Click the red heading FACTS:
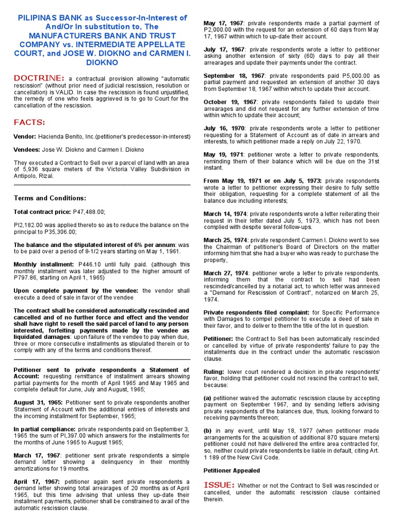point(29,122)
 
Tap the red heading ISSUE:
point(220,485)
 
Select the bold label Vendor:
point(25,137)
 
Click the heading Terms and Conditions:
point(49,198)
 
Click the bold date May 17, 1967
point(224,24)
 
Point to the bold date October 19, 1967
point(229,102)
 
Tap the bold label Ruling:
point(214,371)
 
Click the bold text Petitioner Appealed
point(232,471)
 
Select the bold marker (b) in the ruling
point(207,431)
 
